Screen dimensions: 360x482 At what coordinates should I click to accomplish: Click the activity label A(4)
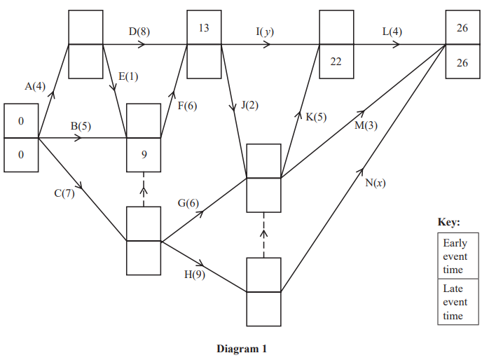tap(35, 87)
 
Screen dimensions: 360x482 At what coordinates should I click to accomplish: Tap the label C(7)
tap(64, 193)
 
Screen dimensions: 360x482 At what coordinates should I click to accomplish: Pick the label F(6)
tap(187, 106)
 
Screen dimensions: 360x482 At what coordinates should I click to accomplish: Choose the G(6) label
tap(188, 203)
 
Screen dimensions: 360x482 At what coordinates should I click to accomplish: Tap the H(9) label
tap(195, 274)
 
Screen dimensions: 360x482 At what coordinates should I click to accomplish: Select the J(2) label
tap(249, 106)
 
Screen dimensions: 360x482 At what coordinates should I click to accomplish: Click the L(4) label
tap(392, 32)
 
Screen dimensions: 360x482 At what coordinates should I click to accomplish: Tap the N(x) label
tap(376, 183)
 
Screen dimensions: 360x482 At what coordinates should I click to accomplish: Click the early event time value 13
tap(204, 28)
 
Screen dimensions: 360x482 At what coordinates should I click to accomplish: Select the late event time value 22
tap(336, 62)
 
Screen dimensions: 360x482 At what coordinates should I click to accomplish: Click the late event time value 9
tap(144, 155)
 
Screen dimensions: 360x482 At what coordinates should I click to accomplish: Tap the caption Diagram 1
tap(242, 348)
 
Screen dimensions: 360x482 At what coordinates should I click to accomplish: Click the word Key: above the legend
tap(449, 222)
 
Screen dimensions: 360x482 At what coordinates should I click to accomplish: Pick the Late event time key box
tap(455, 302)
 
